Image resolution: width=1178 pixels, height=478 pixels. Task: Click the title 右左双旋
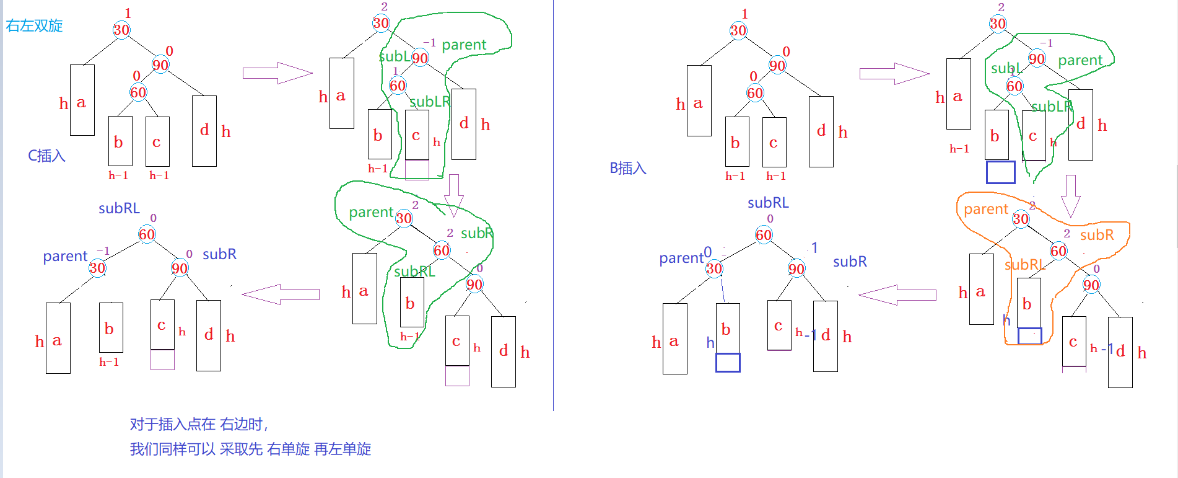coord(35,26)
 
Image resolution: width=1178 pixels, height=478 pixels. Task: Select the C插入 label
coord(46,156)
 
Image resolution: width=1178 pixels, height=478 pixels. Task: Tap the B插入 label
coord(627,168)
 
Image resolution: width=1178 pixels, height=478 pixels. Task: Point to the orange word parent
coord(985,210)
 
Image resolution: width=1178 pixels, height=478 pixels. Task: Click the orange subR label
coord(1096,235)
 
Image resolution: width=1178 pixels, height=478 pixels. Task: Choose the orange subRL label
coord(1024,265)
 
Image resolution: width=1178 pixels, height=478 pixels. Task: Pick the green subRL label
coord(414,272)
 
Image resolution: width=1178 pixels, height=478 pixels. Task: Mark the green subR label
coord(476,233)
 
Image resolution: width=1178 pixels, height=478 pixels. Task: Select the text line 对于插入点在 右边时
coord(198,424)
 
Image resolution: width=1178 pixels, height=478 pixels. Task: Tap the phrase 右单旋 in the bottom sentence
coord(288,449)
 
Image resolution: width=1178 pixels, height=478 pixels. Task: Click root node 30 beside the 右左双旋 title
coord(121,30)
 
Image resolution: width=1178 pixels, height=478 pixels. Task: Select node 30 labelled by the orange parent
coord(1021,218)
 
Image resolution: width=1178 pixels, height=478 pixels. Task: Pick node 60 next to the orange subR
coord(1058,250)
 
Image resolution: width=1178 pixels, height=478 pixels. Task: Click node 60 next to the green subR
coord(442,250)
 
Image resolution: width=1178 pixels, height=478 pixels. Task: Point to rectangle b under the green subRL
coord(412,302)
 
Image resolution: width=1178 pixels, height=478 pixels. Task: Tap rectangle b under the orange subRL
coord(1029,303)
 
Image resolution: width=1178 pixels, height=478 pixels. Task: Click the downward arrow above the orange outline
coord(1070,195)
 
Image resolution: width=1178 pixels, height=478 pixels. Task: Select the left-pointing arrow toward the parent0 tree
coord(898,295)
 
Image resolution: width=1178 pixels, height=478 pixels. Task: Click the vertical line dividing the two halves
coord(553,205)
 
